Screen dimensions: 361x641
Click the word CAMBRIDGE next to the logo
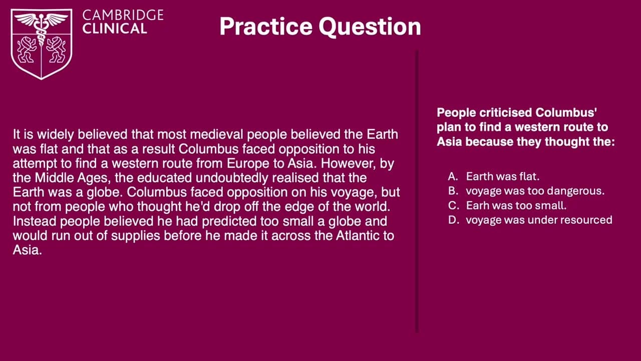[x=123, y=15]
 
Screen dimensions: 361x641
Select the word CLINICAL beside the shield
[x=115, y=29]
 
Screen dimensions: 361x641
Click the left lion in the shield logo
[x=26, y=50]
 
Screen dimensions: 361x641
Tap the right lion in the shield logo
[x=56, y=50]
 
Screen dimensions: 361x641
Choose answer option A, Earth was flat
[x=502, y=176]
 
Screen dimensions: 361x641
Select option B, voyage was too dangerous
[x=535, y=191]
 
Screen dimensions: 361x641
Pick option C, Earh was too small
[x=516, y=206]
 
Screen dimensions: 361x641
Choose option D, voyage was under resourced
[x=539, y=220]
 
